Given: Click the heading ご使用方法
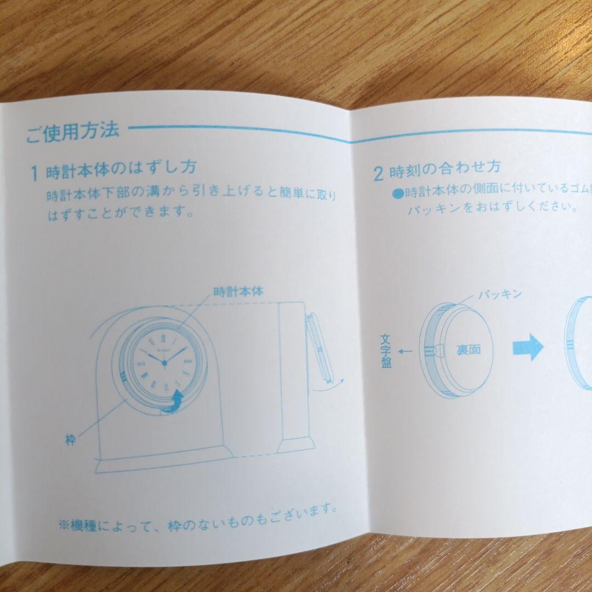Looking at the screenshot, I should coord(72,132).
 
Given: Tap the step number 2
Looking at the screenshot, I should coord(378,174).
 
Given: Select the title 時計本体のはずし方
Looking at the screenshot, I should coord(121,170).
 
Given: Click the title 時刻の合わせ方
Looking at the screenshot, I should coord(445,168).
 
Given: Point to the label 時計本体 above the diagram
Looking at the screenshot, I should coord(237,291).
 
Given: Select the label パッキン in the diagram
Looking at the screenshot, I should coord(499,294).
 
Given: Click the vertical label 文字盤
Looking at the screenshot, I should coord(386,352).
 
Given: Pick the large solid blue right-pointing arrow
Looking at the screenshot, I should coord(527,348).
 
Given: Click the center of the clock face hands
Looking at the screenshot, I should coord(163,362).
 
